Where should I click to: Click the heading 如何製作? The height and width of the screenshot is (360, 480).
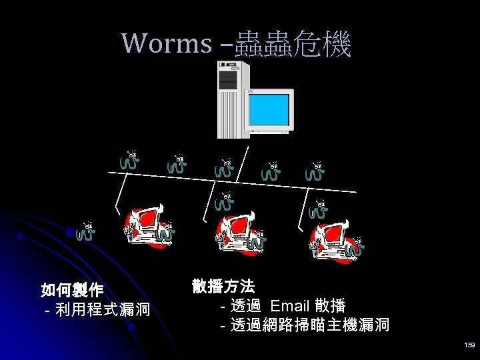72,290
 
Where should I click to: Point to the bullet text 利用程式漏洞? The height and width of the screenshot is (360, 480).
103,310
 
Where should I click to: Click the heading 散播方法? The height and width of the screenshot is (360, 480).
223,287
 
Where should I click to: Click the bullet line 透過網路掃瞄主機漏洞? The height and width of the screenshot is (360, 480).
309,326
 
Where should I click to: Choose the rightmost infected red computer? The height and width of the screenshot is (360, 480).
333,233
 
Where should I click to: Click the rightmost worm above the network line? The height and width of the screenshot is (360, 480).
315,171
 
